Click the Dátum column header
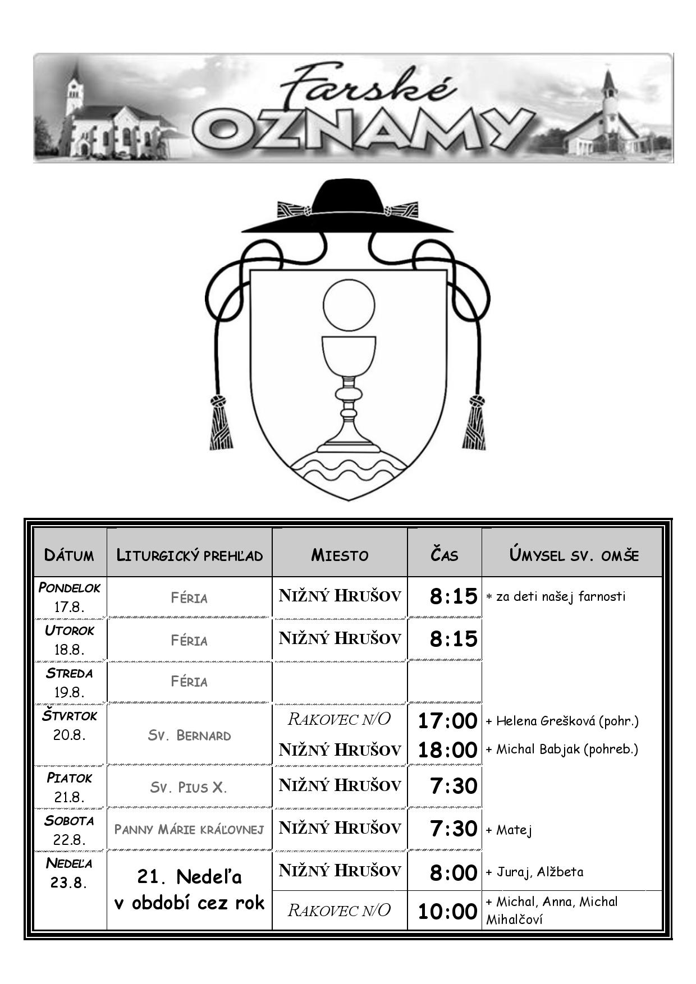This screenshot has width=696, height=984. [69, 555]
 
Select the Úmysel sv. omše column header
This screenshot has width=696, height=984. [574, 555]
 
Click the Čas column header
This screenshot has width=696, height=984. [445, 555]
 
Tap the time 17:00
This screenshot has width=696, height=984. [447, 720]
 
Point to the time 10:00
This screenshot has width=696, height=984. [447, 912]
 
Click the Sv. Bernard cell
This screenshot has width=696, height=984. [189, 735]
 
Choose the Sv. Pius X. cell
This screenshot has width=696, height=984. [189, 787]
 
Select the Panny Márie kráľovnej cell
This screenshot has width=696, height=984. [189, 829]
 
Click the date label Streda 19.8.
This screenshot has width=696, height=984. [69, 682]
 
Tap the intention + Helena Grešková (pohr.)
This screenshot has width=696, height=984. [562, 721]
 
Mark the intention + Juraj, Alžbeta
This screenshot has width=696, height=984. [534, 872]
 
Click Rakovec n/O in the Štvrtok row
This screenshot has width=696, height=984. [339, 719]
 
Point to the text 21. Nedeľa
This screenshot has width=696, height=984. [189, 876]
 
